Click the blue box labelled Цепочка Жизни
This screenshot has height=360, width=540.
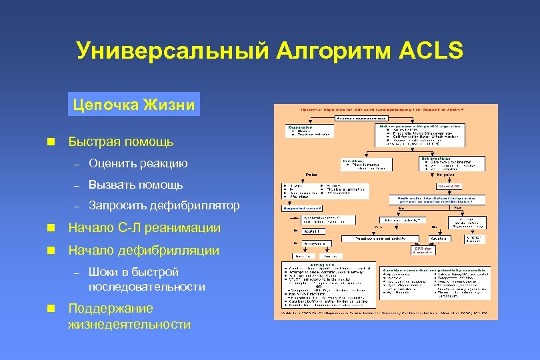134,105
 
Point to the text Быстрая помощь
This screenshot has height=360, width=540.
121,141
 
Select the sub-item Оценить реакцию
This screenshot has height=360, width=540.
138,163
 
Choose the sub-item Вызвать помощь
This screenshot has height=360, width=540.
135,185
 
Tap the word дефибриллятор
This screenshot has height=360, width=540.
197,206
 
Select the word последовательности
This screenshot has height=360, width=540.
147,287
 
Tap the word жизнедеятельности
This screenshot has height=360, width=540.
129,325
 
